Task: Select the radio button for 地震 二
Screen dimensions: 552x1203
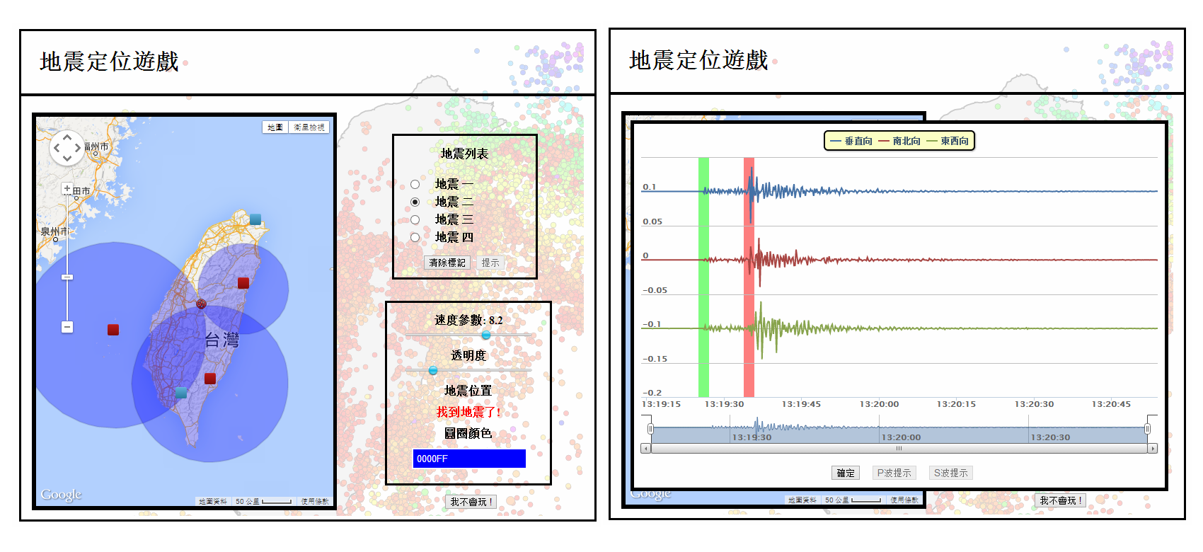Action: point(415,202)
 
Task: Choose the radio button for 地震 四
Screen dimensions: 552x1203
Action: point(415,238)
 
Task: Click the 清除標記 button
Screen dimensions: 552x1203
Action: point(447,263)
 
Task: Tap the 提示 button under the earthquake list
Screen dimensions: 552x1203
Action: point(490,263)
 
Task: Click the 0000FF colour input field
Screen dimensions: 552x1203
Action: point(469,459)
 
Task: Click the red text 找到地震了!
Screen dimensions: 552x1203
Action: point(468,412)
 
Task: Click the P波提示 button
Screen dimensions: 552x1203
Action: point(894,473)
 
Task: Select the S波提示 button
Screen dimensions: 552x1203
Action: point(950,473)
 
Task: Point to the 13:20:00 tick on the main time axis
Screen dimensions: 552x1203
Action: point(879,404)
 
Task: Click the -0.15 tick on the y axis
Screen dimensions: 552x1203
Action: point(655,359)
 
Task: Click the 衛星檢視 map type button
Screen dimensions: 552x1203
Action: point(309,127)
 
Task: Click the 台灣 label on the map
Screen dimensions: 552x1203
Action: point(221,340)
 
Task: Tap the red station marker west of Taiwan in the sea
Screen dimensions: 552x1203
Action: point(113,330)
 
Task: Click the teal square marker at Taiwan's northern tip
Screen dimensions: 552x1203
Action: point(255,219)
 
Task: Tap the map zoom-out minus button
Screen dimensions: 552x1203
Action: point(67,327)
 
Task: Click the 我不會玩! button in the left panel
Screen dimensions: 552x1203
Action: point(472,502)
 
